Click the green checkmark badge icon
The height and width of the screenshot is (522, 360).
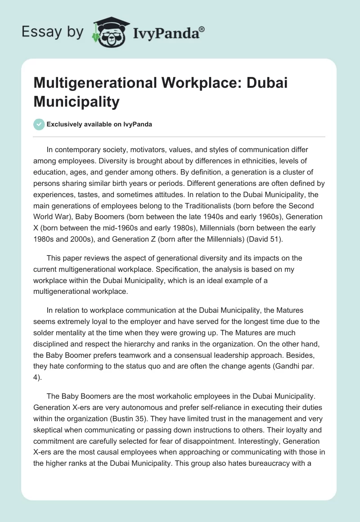pos(39,124)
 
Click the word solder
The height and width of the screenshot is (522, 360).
pos(45,322)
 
